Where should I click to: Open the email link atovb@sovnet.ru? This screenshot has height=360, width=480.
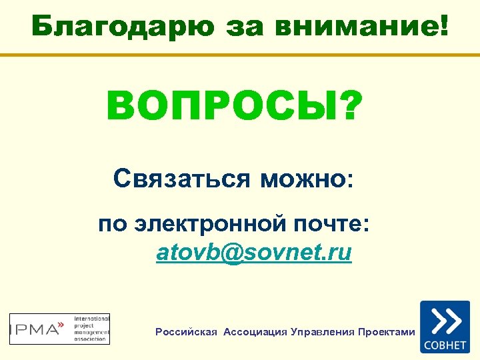point(254,253)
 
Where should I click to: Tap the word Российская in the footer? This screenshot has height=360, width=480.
point(186,331)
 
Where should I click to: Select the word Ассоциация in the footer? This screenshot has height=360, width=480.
point(255,331)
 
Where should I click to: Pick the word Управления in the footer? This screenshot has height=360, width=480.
point(323,331)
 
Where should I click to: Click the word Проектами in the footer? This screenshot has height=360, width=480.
point(387,331)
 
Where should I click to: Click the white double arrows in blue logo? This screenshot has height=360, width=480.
point(445,321)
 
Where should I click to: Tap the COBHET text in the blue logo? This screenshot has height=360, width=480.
point(445,345)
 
